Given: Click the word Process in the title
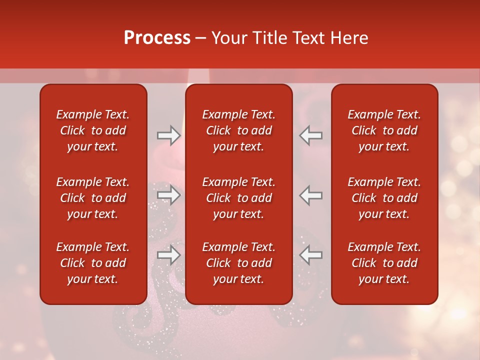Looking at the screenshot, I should coord(157,38).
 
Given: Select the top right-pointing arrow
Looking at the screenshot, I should coord(168,135).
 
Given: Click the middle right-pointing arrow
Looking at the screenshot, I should coord(168,195).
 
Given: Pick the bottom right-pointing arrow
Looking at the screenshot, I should coord(168,255).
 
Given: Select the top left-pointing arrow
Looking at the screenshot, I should coord(310,135).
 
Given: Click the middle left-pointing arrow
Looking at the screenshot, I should coord(310,195).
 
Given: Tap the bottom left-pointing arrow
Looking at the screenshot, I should coord(310,255).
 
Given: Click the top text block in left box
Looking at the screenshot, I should coord(93,130).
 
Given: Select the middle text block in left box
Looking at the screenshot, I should coord(93,198).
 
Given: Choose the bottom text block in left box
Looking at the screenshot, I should coord(93,263).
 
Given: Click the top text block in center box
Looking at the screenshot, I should coord(238,130).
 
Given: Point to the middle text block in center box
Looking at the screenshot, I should coord(238,198).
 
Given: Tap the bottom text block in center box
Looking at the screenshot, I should coord(238,263).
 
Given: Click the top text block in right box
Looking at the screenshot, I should coord(384,130).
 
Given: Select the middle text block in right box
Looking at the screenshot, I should coord(384,198).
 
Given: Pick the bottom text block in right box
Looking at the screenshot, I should coord(384,263).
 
